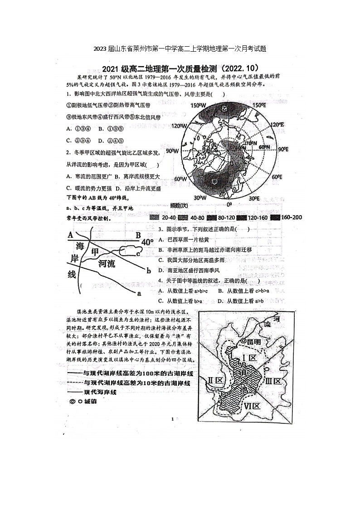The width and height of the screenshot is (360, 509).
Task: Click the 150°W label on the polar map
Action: (198, 106)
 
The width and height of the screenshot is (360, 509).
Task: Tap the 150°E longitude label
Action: (259, 106)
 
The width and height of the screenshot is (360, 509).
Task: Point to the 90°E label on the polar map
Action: (283, 150)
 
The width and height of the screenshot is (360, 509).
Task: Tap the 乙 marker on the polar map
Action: (224, 109)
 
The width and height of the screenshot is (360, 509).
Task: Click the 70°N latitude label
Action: (251, 143)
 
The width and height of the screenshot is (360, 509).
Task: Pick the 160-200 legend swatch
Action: (275, 218)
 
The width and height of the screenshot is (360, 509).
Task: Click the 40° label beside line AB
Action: (147, 242)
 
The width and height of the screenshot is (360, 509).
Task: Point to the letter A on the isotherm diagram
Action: (70, 235)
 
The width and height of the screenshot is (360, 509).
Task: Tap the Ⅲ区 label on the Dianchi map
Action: (273, 381)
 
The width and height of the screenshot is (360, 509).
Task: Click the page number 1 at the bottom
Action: (173, 419)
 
